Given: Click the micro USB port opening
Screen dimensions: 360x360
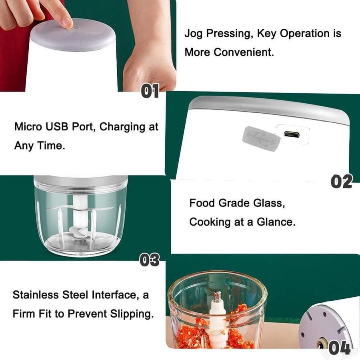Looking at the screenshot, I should click(292, 134).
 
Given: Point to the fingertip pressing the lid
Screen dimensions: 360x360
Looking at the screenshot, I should click(66, 22).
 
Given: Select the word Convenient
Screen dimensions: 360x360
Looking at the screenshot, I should click(244, 52).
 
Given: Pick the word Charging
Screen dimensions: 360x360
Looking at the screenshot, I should click(122, 127).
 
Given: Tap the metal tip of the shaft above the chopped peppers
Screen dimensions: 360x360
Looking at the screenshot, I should click(218, 296).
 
